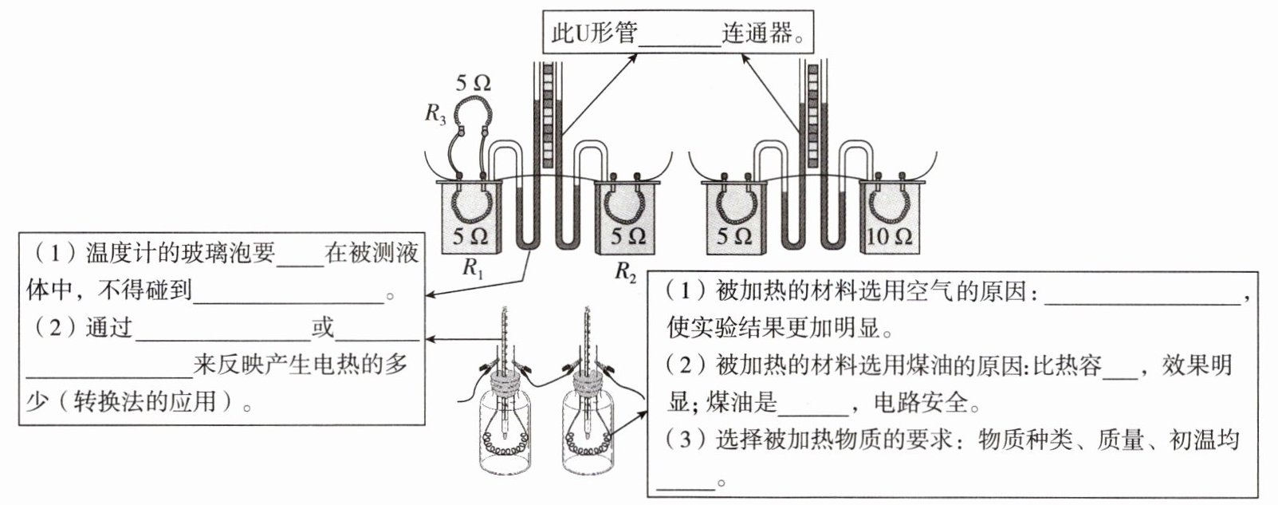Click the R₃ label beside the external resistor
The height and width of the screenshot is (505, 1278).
tap(435, 114)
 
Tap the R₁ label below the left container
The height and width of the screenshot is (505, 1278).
tap(473, 267)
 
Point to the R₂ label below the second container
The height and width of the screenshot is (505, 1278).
tap(625, 271)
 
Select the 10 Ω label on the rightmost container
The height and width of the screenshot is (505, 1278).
tap(889, 236)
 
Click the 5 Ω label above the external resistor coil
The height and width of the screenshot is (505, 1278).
tap(473, 83)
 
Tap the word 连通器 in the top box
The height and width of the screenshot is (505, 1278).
tap(757, 33)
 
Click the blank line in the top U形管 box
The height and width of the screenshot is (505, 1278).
tap(679, 45)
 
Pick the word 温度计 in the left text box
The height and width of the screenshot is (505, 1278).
tap(121, 253)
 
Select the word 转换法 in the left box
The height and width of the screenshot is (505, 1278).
tap(108, 402)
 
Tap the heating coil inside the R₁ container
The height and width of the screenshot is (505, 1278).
tap(471, 205)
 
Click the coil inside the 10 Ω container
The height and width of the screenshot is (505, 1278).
tap(888, 205)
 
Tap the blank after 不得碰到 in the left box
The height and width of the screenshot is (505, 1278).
tap(289, 302)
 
